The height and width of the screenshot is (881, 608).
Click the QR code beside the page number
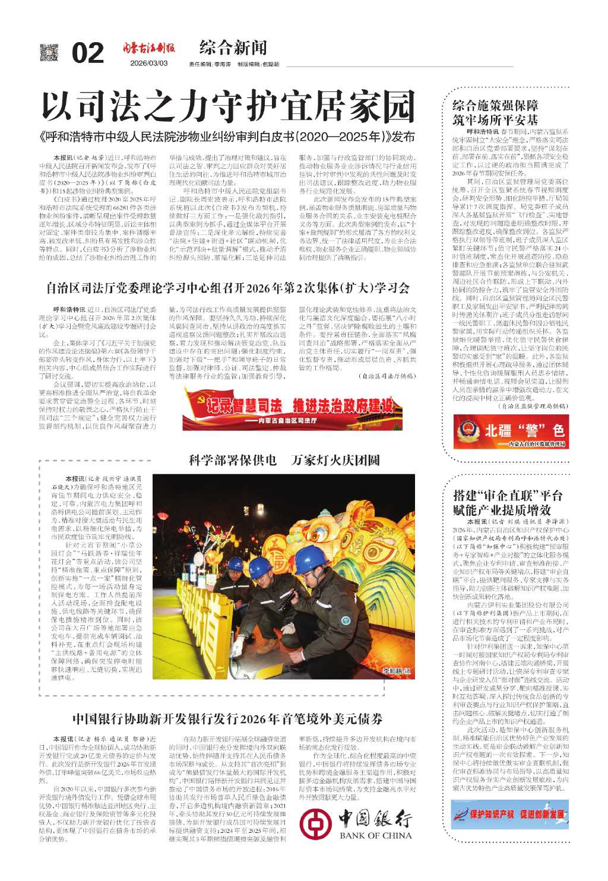tap(50, 53)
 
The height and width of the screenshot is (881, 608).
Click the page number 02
tap(87, 53)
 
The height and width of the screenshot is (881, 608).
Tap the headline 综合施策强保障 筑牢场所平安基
tap(495, 113)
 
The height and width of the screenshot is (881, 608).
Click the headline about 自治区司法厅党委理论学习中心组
tap(228, 289)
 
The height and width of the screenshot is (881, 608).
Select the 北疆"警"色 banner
tap(511, 432)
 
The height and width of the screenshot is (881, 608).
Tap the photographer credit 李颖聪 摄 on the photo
tap(396, 671)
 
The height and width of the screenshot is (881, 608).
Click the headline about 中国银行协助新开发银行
tap(227, 719)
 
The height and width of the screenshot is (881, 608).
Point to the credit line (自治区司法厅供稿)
tap(387, 376)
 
